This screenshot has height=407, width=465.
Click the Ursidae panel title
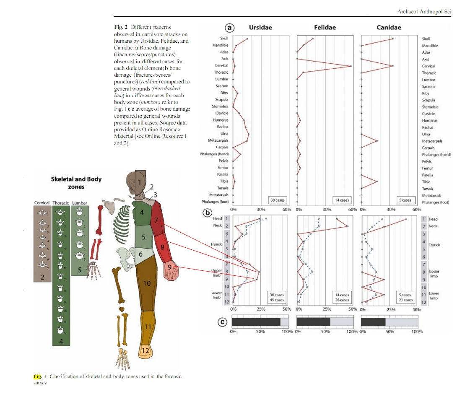click(260, 28)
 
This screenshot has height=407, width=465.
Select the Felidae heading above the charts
click(325, 28)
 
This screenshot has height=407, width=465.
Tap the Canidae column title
click(389, 28)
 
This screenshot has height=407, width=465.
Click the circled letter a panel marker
click(229, 28)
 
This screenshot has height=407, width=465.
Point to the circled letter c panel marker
click(222, 322)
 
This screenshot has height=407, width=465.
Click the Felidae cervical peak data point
click(351, 66)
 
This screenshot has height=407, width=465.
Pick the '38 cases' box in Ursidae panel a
click(277, 200)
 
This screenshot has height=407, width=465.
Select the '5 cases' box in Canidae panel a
click(405, 200)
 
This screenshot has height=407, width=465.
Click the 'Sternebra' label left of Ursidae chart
click(220, 106)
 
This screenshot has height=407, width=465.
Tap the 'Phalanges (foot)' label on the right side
click(435, 202)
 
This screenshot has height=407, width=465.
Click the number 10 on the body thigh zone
click(147, 283)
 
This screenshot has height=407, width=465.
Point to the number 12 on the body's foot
click(145, 351)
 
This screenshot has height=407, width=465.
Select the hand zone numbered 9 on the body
click(171, 268)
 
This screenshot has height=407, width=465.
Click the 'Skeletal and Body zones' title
click(76, 183)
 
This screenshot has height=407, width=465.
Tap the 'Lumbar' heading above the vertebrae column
click(80, 203)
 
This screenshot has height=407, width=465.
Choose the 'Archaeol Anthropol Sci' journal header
click(424, 12)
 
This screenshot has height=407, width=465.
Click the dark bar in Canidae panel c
click(373, 322)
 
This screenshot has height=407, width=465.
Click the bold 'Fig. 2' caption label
click(121, 27)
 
